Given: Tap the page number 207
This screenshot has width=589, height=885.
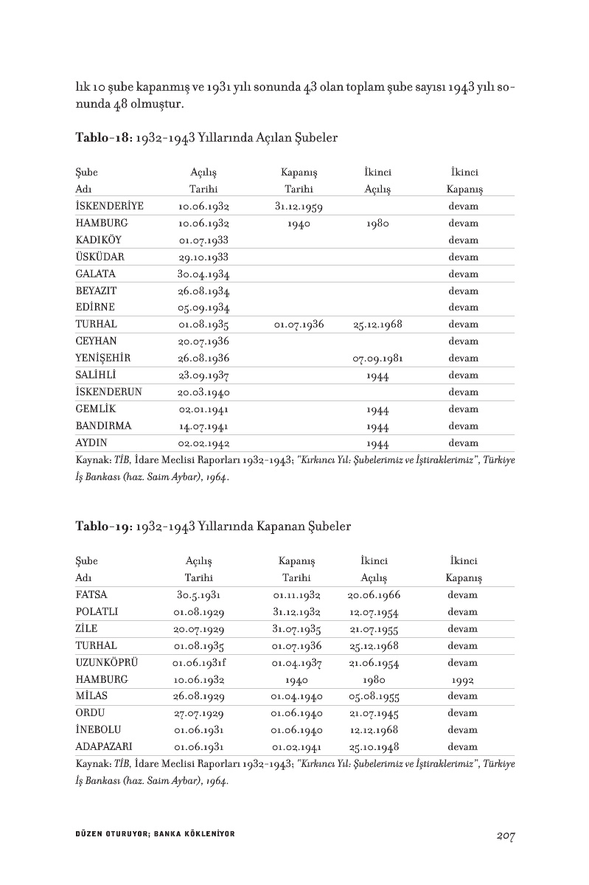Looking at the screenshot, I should pyautogui.click(x=505, y=835).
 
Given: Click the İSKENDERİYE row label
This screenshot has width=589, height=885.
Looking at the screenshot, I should pyautogui.click(x=109, y=206).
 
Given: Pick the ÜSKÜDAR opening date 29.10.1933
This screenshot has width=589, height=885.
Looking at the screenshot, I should pyautogui.click(x=204, y=257).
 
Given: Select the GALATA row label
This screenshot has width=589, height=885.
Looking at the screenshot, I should pyautogui.click(x=95, y=274).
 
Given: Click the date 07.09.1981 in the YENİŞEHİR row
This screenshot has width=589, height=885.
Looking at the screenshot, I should pyautogui.click(x=377, y=358).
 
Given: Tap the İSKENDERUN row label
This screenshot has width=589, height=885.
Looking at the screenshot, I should pyautogui.click(x=108, y=392).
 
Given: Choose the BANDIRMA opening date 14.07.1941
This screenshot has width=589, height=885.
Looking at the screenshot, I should pyautogui.click(x=204, y=426).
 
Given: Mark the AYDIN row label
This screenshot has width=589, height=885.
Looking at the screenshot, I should pyautogui.click(x=91, y=443).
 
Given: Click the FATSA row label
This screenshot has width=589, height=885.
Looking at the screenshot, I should pyautogui.click(x=91, y=594).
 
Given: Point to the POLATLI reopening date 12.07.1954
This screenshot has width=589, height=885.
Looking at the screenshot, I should pyautogui.click(x=374, y=611).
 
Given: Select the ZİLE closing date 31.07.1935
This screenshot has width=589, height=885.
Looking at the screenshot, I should pyautogui.click(x=297, y=629).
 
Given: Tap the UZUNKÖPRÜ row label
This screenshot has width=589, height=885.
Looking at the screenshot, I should pyautogui.click(x=107, y=662).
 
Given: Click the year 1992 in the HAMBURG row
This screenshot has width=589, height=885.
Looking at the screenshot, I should pyautogui.click(x=462, y=679).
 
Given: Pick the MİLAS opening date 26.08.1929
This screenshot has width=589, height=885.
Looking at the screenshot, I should pyautogui.click(x=199, y=696).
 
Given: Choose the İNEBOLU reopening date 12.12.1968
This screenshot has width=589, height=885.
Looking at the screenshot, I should pyautogui.click(x=374, y=730).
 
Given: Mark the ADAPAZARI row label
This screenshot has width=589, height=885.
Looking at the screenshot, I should pyautogui.click(x=104, y=746).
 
